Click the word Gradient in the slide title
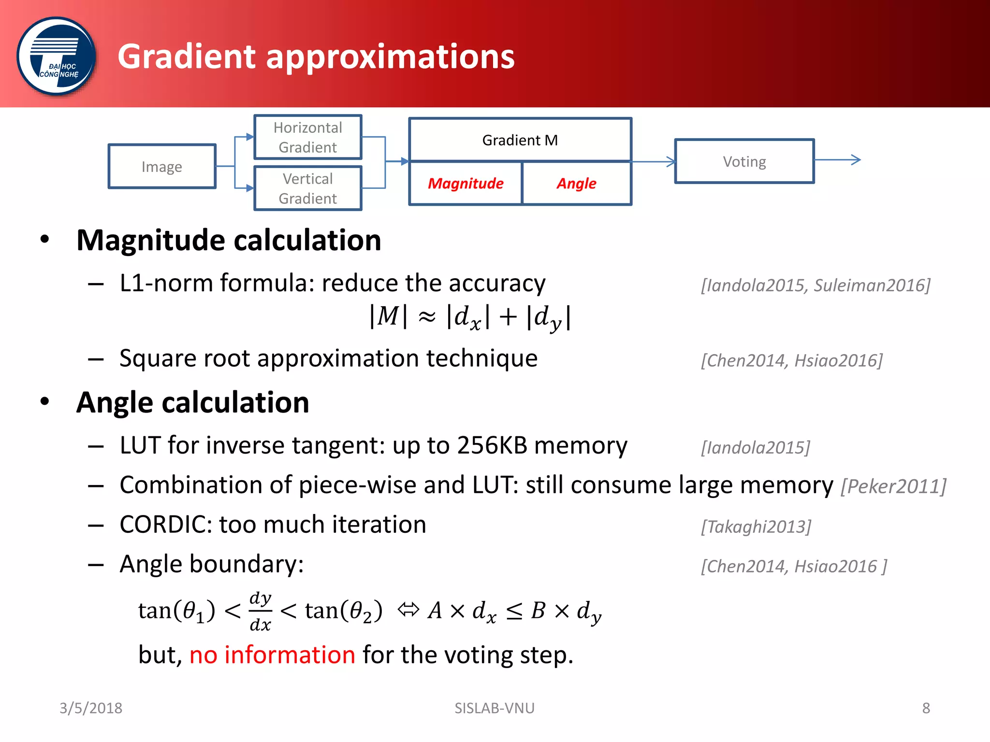coord(186,57)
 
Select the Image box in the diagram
coord(162,166)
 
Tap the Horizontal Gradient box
coord(308,137)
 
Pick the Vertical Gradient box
coord(308,188)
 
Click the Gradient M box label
coord(520,140)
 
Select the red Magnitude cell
coord(466,184)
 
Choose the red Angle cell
coord(576,184)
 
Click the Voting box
coord(744,161)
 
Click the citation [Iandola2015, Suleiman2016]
coord(815,285)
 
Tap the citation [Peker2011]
coord(893,486)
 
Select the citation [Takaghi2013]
coord(756,526)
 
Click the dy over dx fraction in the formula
coord(260,611)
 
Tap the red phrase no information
coord(272,655)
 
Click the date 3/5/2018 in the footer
coord(91,708)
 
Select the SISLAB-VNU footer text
coord(495,708)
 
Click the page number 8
coord(926,708)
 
